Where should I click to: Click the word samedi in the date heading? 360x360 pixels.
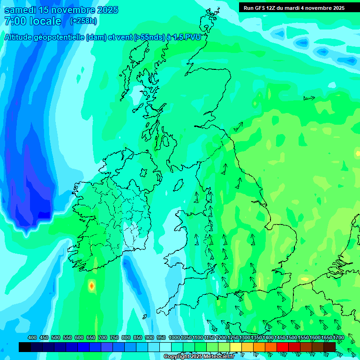click(x=20, y=10)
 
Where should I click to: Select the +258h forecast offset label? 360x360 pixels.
click(x=83, y=21)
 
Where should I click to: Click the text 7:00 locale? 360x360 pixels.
click(x=33, y=21)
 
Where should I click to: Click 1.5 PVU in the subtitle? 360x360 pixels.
click(x=187, y=38)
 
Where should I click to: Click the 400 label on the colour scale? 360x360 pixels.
click(x=32, y=337)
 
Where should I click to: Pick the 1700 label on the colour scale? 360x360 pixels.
click(x=338, y=337)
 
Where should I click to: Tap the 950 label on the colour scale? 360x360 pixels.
click(x=161, y=337)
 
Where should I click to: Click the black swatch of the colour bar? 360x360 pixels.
click(x=25, y=347)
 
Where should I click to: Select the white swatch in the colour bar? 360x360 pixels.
click(x=165, y=347)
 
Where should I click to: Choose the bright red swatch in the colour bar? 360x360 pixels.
click(x=283, y=347)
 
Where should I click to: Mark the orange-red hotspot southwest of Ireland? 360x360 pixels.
click(x=91, y=285)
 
